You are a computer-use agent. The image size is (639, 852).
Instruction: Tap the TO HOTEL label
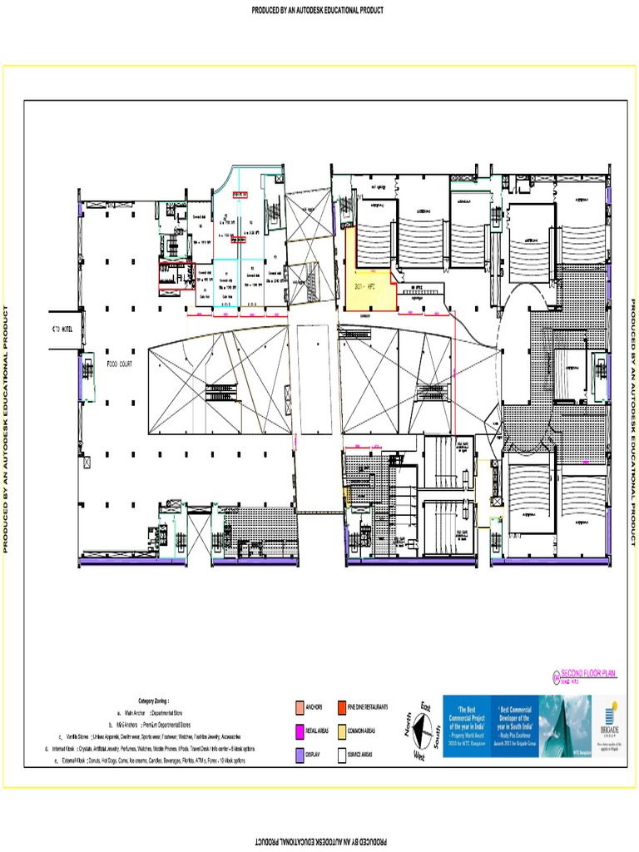pyautogui.click(x=62, y=331)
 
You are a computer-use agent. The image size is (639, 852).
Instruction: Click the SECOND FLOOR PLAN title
pyautogui.click(x=588, y=672)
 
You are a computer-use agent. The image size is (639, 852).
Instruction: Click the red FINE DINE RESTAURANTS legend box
pyautogui.click(x=341, y=707)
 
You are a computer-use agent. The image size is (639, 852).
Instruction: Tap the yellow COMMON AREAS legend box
pyautogui.click(x=341, y=731)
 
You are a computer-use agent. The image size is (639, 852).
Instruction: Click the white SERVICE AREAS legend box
pyautogui.click(x=341, y=755)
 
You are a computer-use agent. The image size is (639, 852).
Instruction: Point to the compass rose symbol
pyautogui.click(x=421, y=731)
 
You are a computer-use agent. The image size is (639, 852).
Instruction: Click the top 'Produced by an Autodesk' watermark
pyautogui.click(x=319, y=11)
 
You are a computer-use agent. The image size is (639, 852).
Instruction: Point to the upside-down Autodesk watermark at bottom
pyautogui.click(x=319, y=842)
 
